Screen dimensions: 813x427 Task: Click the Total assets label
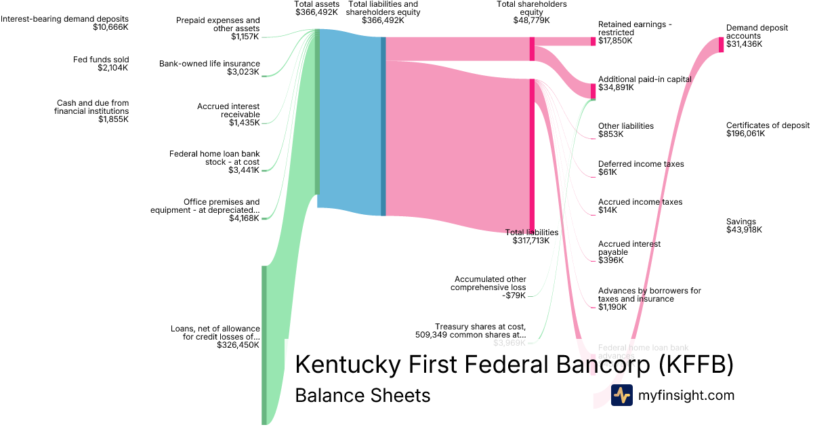click(x=316, y=4)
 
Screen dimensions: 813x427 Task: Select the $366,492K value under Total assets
click(x=316, y=12)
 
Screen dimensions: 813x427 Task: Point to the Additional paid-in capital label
click(x=644, y=79)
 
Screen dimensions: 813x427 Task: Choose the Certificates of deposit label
click(x=768, y=125)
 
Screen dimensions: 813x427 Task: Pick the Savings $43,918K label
click(x=744, y=226)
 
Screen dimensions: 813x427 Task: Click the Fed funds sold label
click(x=101, y=60)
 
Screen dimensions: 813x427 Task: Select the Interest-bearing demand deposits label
click(x=64, y=19)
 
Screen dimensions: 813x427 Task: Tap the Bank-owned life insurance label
click(x=209, y=64)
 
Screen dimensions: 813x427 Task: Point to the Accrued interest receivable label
click(x=228, y=110)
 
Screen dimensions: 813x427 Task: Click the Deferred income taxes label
click(x=641, y=164)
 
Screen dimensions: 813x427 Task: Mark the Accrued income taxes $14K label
click(x=640, y=206)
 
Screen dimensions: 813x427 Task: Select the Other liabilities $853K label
click(x=625, y=130)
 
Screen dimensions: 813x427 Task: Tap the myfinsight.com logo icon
click(x=621, y=395)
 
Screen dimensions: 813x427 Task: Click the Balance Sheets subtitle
click(x=362, y=395)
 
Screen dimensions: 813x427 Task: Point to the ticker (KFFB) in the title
click(x=696, y=364)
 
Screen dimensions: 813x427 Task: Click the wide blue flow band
click(x=350, y=122)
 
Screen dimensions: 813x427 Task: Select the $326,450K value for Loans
click(x=238, y=345)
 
